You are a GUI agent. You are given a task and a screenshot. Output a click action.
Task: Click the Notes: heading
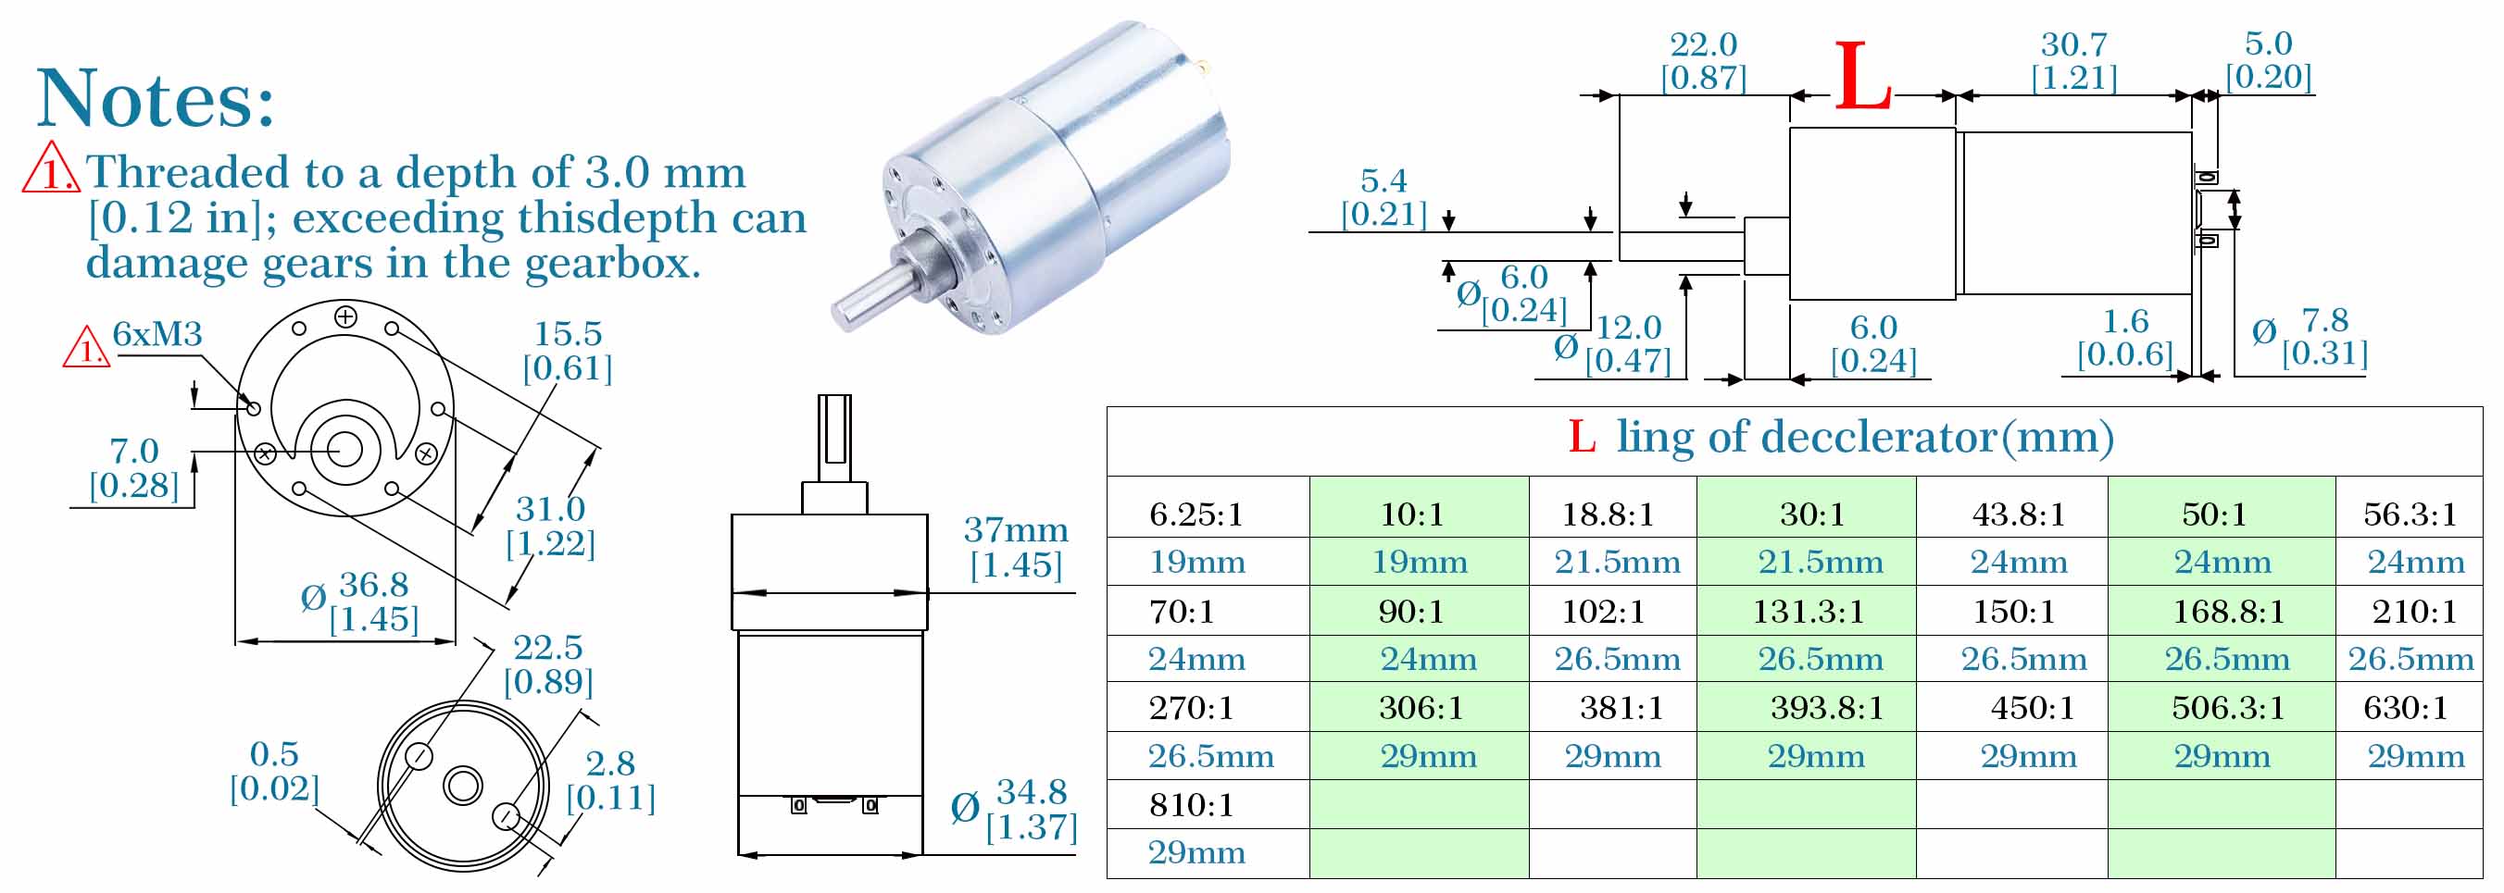[156, 98]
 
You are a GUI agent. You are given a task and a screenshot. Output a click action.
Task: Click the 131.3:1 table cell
[1807, 611]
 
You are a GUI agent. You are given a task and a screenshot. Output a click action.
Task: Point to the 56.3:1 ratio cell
[2410, 513]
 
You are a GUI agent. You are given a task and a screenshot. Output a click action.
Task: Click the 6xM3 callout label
[157, 334]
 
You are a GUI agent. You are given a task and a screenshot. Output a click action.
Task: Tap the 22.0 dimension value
[1703, 43]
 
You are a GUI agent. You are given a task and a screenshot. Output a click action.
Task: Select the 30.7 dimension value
[2073, 43]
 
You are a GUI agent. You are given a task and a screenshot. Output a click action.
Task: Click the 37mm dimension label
[1016, 529]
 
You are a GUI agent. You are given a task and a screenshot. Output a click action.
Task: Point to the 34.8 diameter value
[1032, 792]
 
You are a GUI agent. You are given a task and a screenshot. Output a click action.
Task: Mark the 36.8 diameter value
[373, 585]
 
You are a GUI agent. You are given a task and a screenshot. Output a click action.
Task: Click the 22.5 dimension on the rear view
[548, 647]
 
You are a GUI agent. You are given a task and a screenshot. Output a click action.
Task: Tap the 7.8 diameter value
[2325, 319]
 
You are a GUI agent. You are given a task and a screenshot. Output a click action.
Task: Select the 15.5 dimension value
[568, 333]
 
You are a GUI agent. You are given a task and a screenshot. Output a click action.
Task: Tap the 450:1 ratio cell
[2033, 707]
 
